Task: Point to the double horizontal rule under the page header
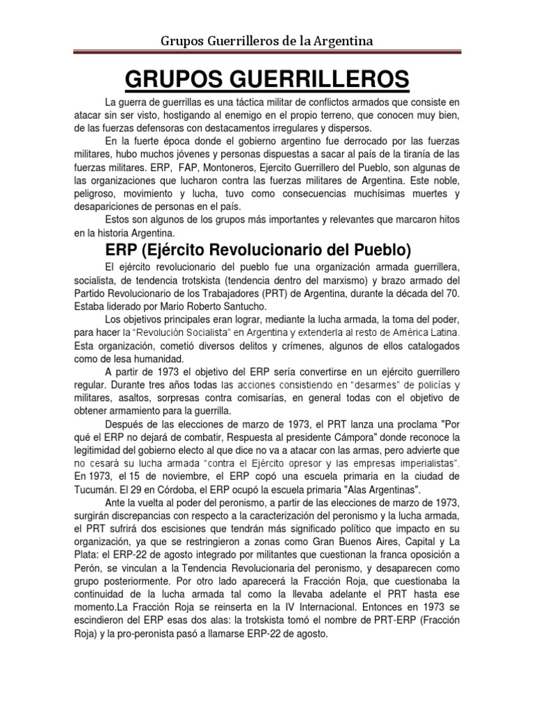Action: click(x=266, y=53)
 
